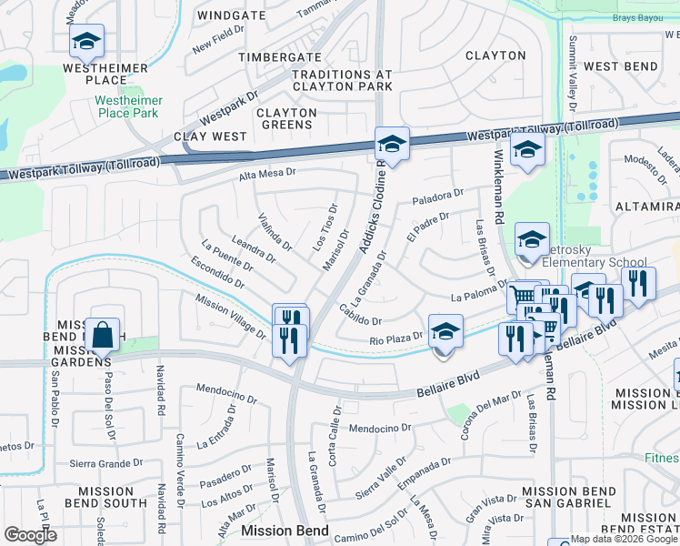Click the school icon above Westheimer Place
click(x=86, y=41)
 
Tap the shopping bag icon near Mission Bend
click(x=104, y=334)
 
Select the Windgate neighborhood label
click(x=231, y=15)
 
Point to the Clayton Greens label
click(x=286, y=119)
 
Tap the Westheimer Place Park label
click(x=128, y=106)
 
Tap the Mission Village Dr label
click(x=229, y=317)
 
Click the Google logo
click(x=31, y=535)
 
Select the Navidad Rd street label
click(x=160, y=391)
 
